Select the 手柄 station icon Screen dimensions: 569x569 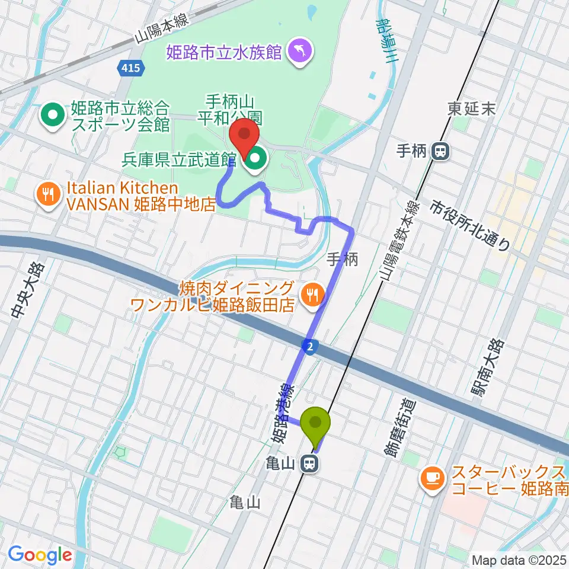coord(440,152)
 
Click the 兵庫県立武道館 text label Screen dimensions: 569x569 coord(180,159)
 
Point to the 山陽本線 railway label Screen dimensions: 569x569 coord(161,28)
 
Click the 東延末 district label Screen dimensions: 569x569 coord(472,109)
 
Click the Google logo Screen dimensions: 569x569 coord(40,555)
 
